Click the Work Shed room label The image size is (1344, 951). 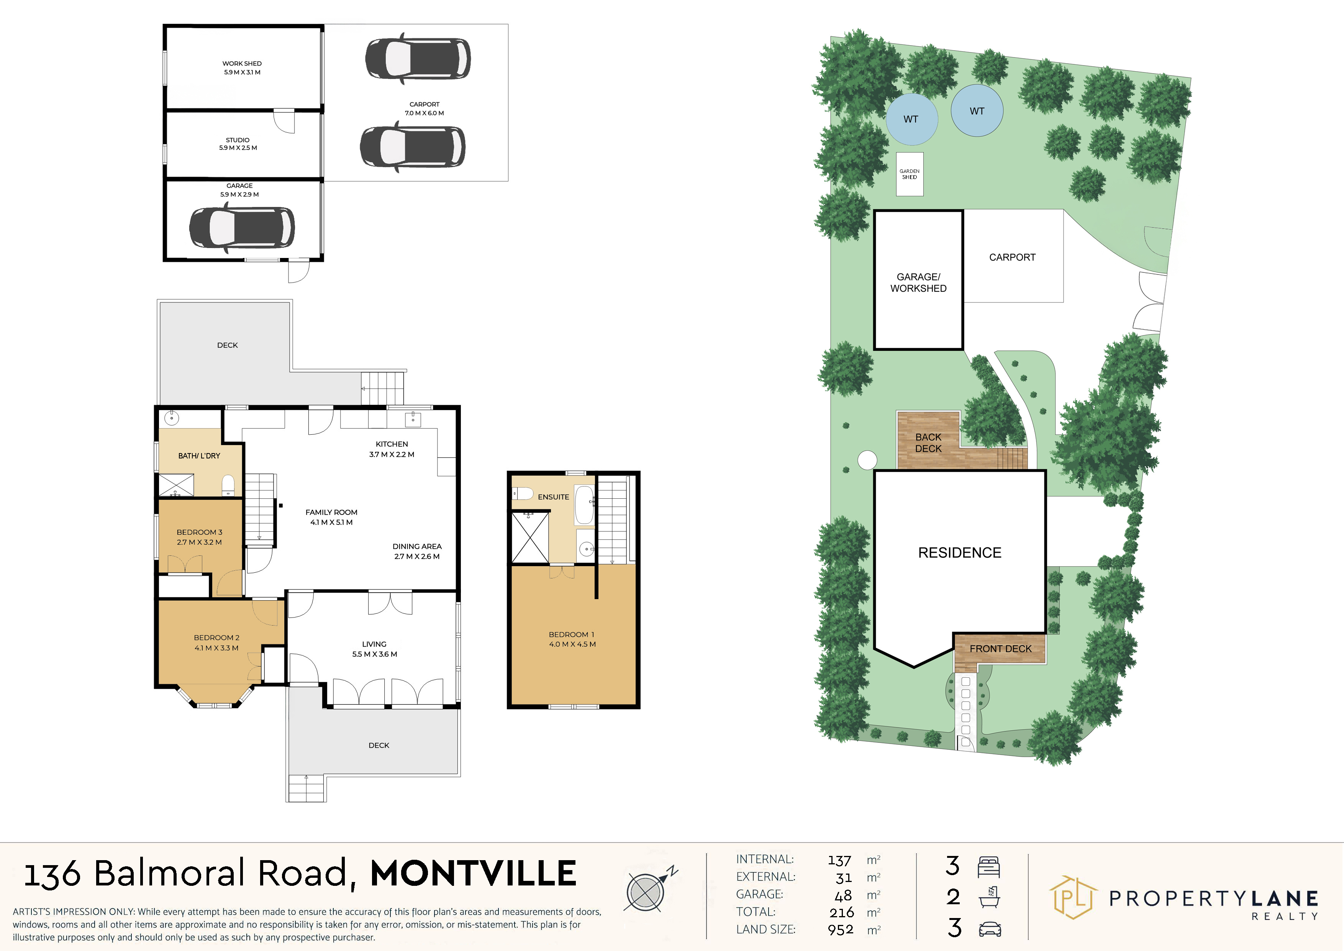click(242, 63)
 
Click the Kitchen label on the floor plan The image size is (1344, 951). click(392, 444)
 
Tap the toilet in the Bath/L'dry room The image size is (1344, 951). click(228, 485)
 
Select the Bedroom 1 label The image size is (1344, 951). click(571, 634)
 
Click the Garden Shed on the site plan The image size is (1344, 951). click(910, 174)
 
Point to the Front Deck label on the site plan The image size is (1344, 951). click(1000, 649)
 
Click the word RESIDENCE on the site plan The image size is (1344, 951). click(959, 553)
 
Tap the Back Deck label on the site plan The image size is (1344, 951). click(928, 443)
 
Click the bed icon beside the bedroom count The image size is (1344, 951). click(989, 867)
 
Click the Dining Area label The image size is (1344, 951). click(417, 546)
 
